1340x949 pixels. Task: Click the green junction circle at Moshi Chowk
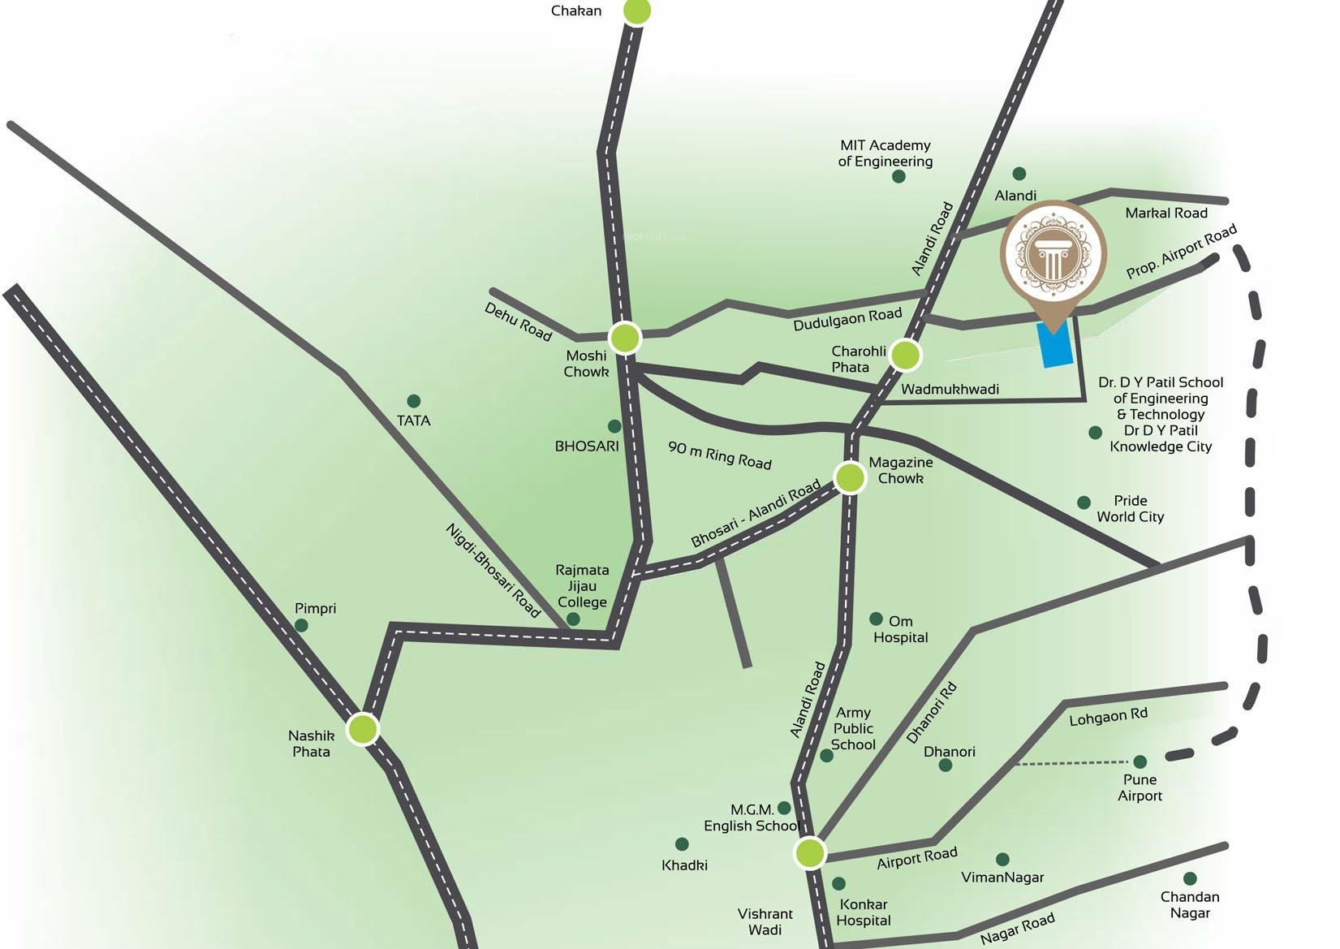625,338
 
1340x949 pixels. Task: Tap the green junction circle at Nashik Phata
363,729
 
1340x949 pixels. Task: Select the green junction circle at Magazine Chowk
850,477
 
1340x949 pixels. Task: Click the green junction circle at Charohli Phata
905,355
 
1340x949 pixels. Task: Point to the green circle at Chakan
637,11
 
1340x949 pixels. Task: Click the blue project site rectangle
1055,344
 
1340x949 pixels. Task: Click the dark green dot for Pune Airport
1140,761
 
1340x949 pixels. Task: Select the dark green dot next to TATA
413,401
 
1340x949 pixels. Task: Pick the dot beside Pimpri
301,625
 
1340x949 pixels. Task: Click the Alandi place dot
1019,174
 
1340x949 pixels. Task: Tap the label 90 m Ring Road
719,455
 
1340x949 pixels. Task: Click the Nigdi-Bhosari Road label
493,570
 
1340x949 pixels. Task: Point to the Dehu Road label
518,321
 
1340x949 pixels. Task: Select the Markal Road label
1166,213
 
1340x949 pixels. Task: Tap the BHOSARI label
586,446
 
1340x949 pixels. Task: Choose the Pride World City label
1130,509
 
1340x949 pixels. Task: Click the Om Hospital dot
876,619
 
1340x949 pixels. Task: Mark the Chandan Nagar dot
1190,878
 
